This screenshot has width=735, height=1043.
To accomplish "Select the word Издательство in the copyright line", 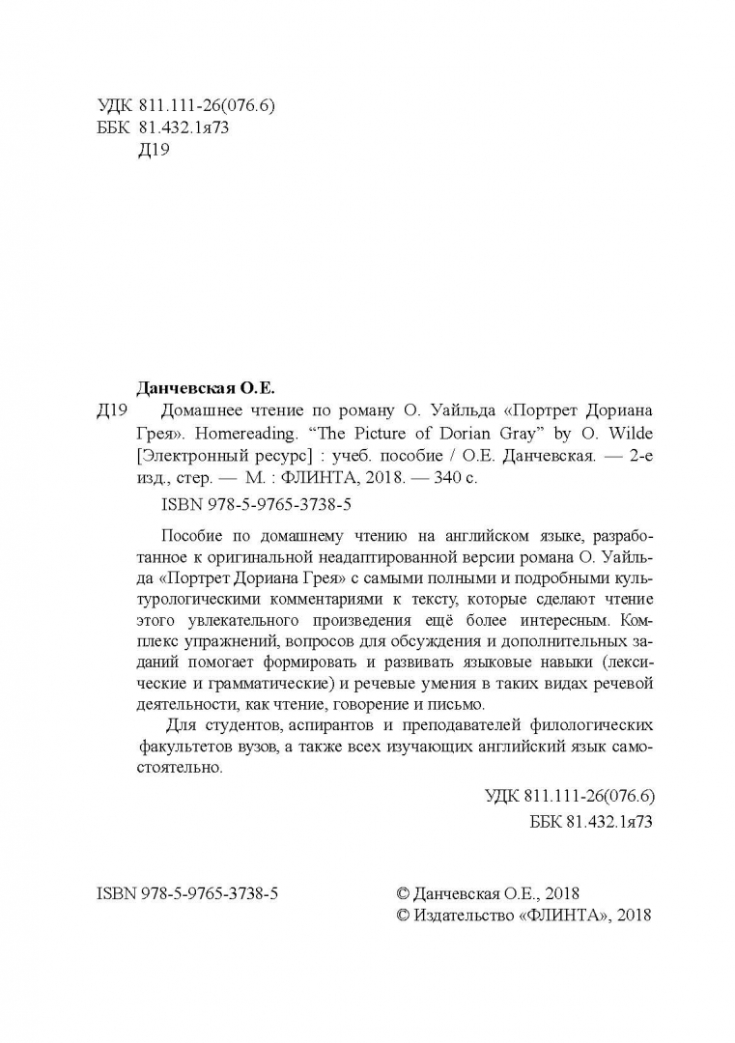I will click(x=466, y=913).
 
